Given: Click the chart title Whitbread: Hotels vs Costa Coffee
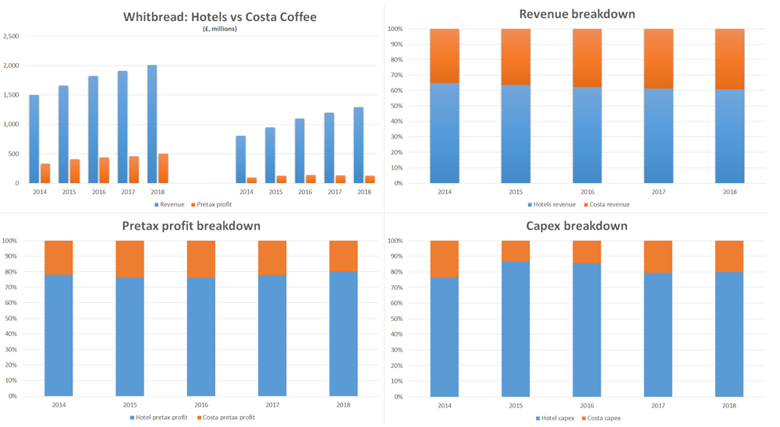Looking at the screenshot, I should (x=220, y=16).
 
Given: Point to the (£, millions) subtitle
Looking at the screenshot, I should (x=219, y=29).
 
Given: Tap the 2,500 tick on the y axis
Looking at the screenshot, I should (x=11, y=36).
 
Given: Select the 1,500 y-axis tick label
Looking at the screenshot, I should (x=11, y=95).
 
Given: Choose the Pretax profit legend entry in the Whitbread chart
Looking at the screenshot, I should (x=212, y=204).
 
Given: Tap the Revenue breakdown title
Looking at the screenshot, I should (x=576, y=14).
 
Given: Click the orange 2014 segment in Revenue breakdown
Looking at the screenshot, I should (x=445, y=56).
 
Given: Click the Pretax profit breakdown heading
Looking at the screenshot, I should (x=191, y=226).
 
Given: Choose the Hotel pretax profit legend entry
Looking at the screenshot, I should (x=158, y=417).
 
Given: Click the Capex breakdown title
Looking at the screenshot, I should (x=576, y=226).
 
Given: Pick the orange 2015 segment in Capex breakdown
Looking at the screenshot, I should (x=516, y=250).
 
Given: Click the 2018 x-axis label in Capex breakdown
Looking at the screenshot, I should (x=729, y=405).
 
